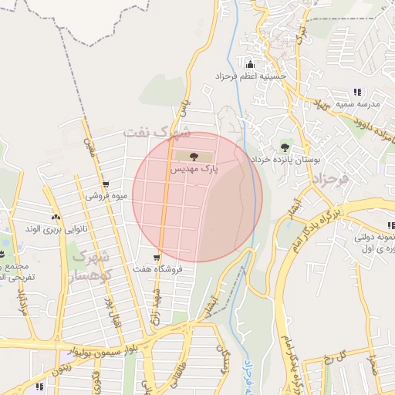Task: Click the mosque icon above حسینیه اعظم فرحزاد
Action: click(249, 63)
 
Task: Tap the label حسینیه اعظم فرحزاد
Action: click(251, 77)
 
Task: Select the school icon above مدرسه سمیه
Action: click(357, 92)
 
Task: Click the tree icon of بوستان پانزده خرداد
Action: click(285, 147)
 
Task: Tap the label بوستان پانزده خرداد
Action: click(284, 159)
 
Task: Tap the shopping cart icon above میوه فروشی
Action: click(105, 184)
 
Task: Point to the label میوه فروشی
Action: click(102, 196)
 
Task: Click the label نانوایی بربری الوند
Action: click(53, 228)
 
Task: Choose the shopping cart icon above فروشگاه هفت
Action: click(157, 258)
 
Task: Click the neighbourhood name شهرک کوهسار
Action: click(92, 264)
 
